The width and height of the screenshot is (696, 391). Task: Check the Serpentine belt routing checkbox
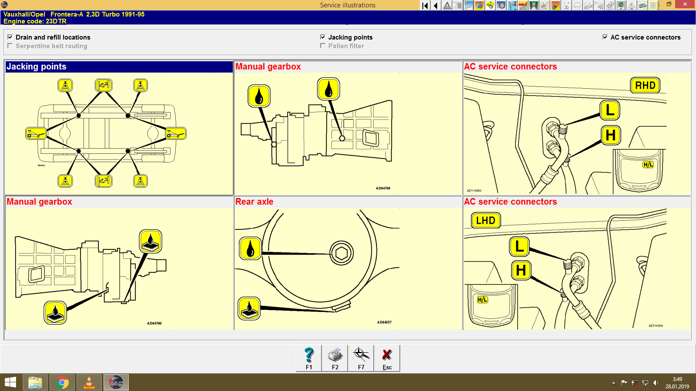10,46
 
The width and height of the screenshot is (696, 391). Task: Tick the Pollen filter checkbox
323,46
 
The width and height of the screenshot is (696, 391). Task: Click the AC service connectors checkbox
605,37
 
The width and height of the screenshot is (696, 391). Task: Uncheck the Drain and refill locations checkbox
10,37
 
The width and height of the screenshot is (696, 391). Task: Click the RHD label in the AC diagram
645,86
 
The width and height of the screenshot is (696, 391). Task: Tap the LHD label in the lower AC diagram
485,220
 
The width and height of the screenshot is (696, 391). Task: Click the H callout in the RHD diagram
610,135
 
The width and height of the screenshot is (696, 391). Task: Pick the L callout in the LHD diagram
519,246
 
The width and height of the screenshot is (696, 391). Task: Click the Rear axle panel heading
254,202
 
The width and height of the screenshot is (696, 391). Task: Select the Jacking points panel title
37,66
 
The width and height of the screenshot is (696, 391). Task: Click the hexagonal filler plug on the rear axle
341,253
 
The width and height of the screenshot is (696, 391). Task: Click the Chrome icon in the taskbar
62,382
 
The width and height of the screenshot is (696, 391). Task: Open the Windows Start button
10,382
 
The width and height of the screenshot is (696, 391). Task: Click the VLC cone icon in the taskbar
89,382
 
